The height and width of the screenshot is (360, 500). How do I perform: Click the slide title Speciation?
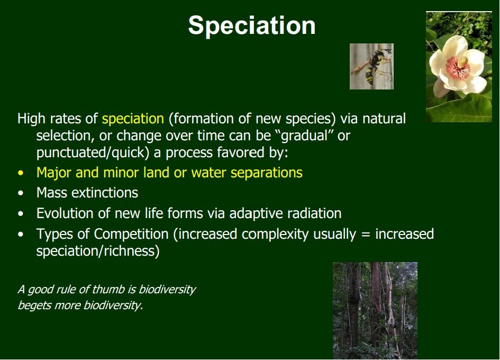[x=252, y=25]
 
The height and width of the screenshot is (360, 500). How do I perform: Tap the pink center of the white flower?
[x=458, y=67]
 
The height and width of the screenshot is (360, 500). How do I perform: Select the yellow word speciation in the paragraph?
[x=133, y=119]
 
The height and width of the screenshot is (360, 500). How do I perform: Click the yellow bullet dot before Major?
[x=21, y=173]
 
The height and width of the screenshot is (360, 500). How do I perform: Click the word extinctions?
[x=105, y=193]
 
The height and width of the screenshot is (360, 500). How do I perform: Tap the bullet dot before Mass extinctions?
[x=21, y=193]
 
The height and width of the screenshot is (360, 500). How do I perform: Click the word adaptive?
[x=256, y=214]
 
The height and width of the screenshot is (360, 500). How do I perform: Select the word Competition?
[x=131, y=234]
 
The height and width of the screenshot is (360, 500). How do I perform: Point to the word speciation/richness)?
[x=98, y=251]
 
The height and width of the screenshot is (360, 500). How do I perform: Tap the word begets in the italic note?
[x=33, y=305]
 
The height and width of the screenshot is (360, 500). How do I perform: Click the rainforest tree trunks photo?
[x=375, y=311]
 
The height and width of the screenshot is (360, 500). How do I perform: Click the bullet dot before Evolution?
[x=21, y=214]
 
